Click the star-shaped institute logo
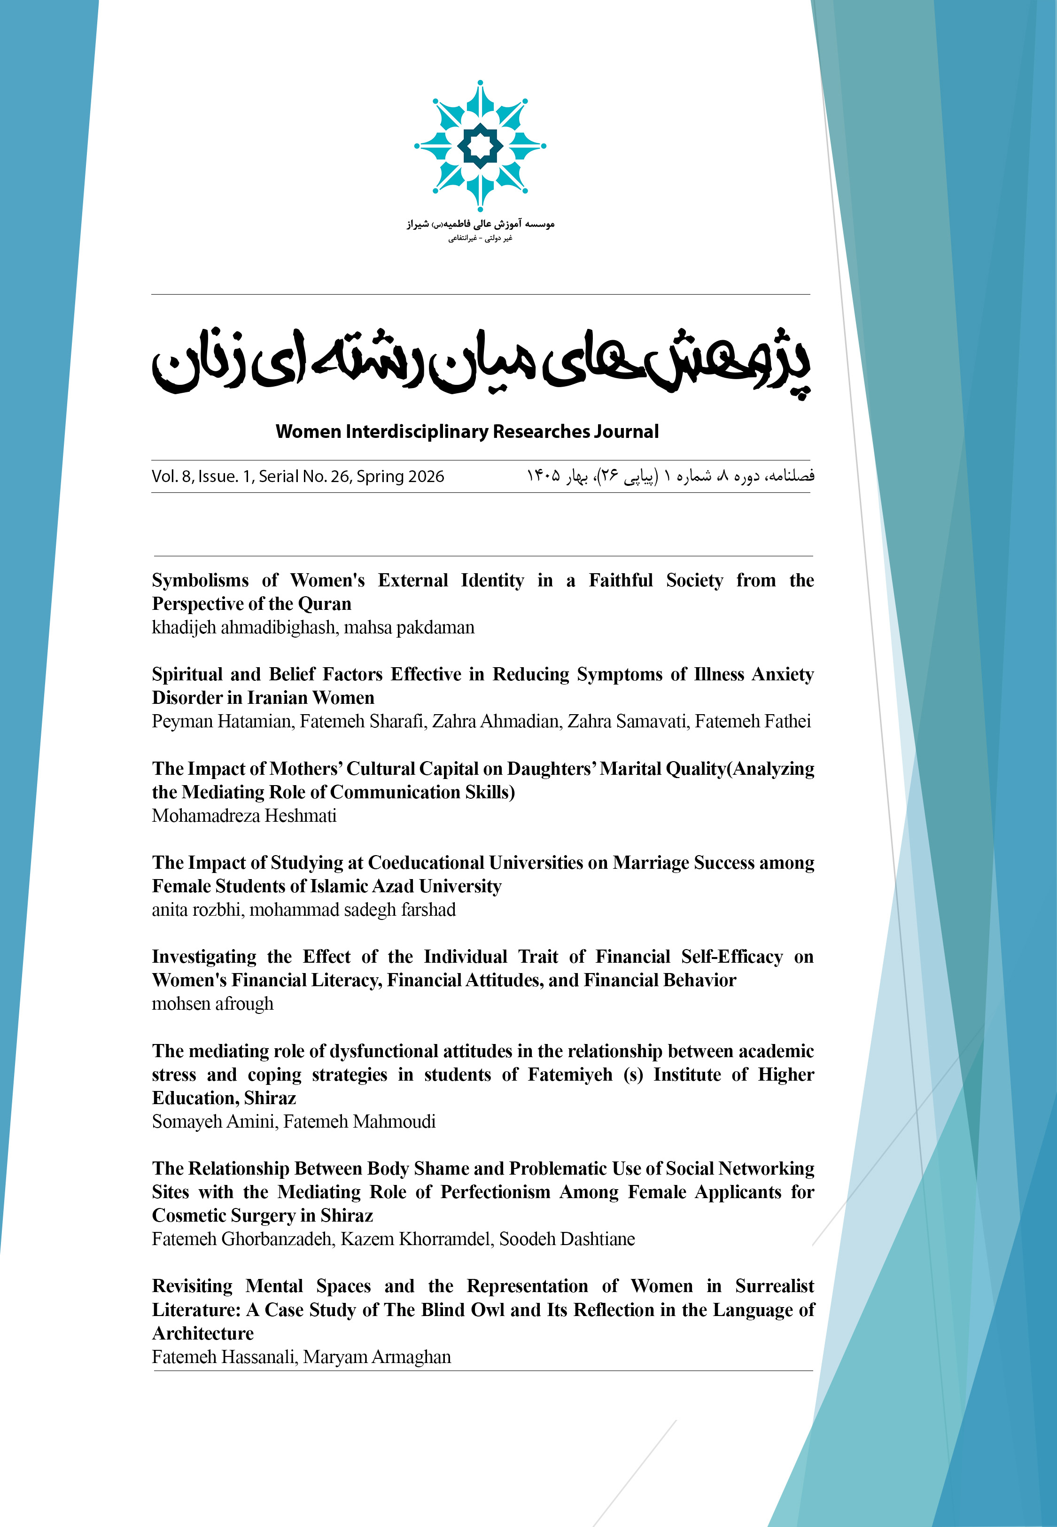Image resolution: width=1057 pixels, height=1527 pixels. [x=480, y=146]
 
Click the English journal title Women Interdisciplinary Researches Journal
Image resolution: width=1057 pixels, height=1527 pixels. [x=467, y=432]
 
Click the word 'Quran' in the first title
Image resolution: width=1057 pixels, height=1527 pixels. [x=325, y=604]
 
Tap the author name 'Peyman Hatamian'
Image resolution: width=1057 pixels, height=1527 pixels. [x=222, y=722]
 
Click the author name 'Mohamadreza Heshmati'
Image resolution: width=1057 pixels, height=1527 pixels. [x=244, y=816]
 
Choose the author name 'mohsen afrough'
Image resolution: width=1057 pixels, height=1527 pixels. [x=213, y=1004]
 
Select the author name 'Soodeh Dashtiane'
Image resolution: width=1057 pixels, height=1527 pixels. [x=567, y=1239]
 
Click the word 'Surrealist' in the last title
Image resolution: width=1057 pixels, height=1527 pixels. [x=774, y=1286]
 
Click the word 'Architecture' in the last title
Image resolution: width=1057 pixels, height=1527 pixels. [x=202, y=1333]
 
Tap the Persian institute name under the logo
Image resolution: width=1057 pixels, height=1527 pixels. [x=480, y=225]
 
